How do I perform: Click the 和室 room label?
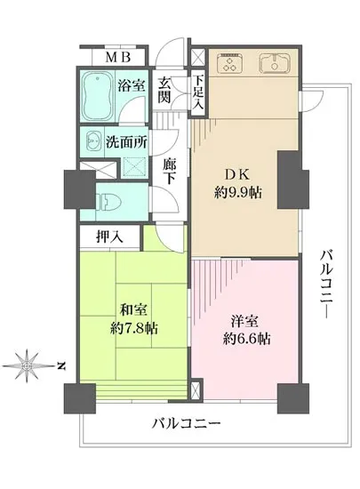click(x=134, y=311)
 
